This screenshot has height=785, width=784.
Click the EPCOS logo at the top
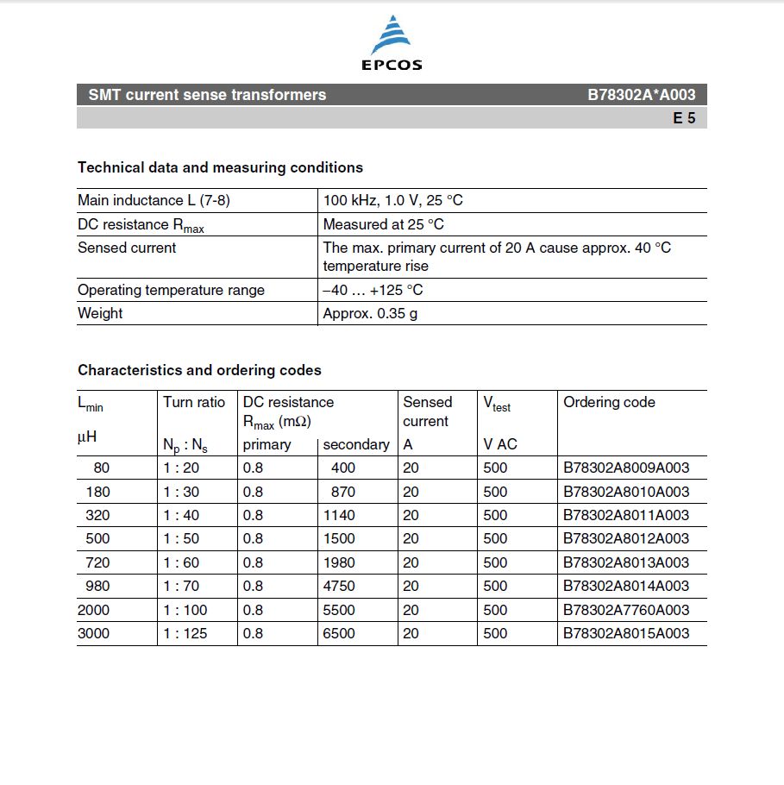pos(391,43)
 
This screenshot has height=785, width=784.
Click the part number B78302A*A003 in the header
pos(641,95)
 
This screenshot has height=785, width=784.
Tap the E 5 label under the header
pos(684,118)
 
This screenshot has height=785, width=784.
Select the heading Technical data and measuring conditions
pos(220,167)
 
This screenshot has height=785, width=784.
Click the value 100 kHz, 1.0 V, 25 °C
pos(392,200)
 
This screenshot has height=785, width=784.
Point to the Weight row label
pos(100,313)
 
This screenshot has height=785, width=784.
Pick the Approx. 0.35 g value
pos(370,313)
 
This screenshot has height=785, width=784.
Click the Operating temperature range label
pos(171,290)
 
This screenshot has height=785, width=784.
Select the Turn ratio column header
pos(194,402)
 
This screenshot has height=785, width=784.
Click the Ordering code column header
pos(609,402)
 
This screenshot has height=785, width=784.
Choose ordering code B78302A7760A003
pos(626,610)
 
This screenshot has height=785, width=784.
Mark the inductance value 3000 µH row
pos(94,633)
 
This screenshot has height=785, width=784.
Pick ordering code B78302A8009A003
pos(626,468)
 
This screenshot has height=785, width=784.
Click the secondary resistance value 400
pos(342,468)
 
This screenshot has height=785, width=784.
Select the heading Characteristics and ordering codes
pos(199,370)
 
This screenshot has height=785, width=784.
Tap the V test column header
pos(497,404)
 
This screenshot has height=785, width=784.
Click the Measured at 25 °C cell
pos(383,224)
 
